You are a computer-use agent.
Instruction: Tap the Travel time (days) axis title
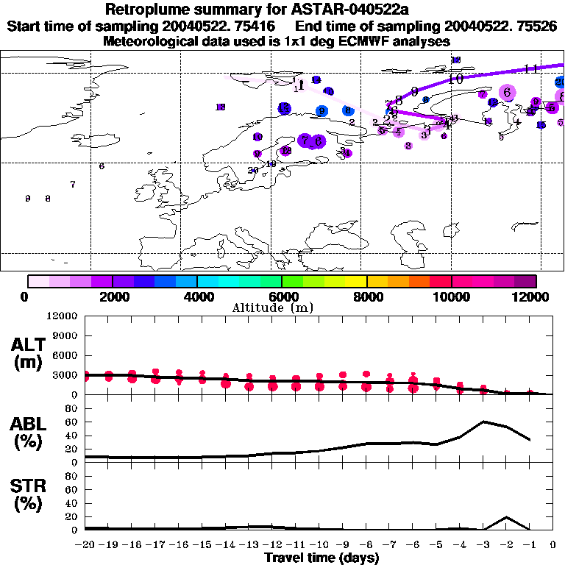tap(321, 558)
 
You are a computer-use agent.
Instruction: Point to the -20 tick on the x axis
tap(86, 545)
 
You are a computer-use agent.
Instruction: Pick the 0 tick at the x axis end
tap(553, 545)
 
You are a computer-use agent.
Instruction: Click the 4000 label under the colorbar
tap(197, 296)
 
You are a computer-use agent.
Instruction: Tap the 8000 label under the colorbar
tap(366, 296)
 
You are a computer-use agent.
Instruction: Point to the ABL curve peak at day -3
tap(483, 422)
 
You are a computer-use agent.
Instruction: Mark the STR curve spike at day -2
tap(507, 517)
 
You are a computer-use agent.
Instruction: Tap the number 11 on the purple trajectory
tap(531, 69)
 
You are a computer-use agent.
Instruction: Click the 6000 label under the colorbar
tap(282, 296)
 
